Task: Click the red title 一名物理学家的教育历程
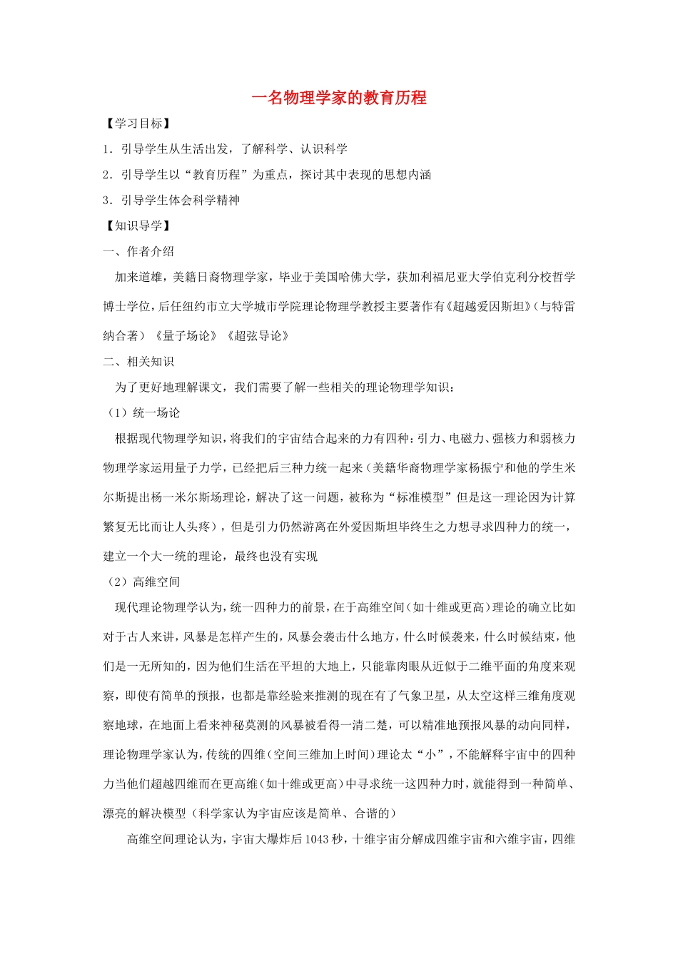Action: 339,98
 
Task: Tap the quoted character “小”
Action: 430,755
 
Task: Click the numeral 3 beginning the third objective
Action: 106,201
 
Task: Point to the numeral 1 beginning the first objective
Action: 106,149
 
